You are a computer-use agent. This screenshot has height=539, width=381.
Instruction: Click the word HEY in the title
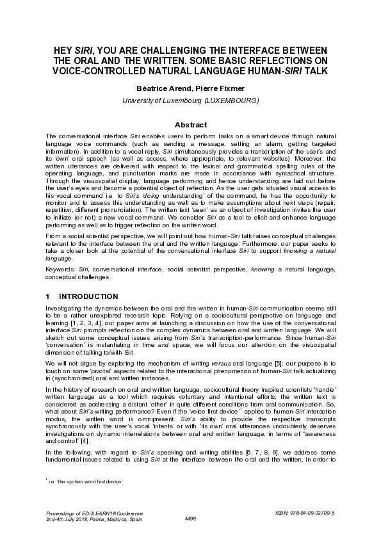point(63,51)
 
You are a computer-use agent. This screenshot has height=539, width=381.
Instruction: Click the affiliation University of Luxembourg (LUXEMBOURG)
point(190,101)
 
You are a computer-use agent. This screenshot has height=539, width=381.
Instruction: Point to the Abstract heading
point(190,125)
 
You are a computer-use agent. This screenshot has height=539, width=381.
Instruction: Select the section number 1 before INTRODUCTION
point(48,296)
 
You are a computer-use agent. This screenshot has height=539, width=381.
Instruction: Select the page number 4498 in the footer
point(190,518)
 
